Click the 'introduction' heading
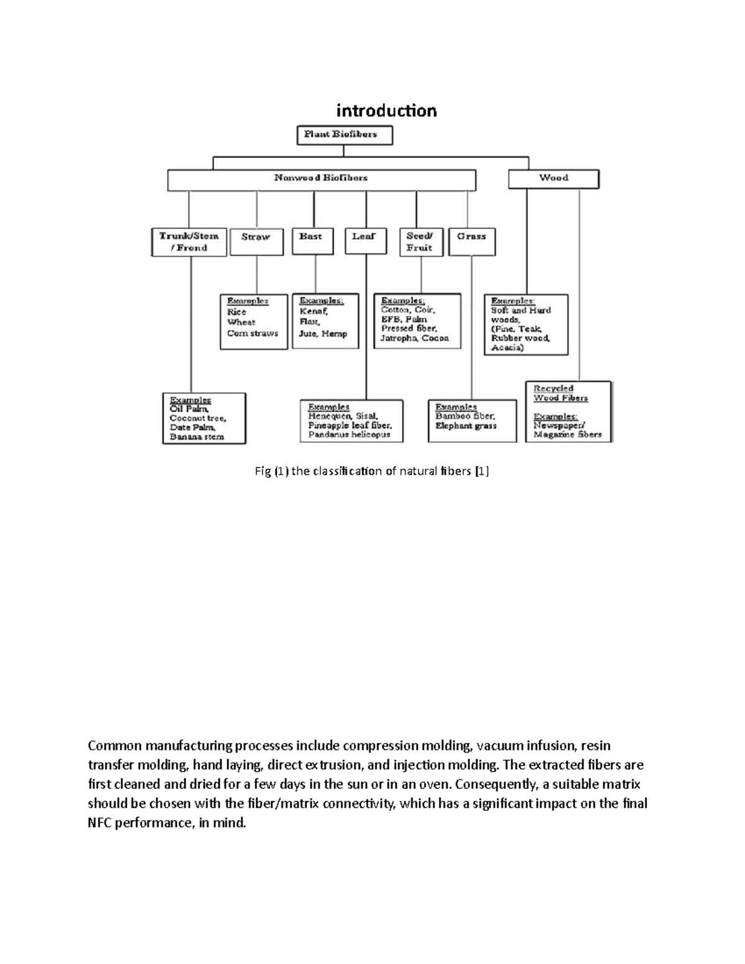point(386,110)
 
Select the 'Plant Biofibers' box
point(344,135)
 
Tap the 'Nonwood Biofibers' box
point(321,178)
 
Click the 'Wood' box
point(553,178)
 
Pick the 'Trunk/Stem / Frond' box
point(189,242)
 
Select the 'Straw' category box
point(256,241)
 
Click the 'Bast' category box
point(310,240)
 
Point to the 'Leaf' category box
point(364,240)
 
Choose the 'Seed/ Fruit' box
point(420,241)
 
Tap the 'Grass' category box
point(471,241)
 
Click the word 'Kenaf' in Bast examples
point(313,311)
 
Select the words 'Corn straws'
point(253,333)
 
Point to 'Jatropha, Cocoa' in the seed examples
point(414,338)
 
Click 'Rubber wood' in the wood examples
point(520,338)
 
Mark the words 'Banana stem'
point(197,436)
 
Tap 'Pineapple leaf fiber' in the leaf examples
point(350,425)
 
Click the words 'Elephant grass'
point(466,426)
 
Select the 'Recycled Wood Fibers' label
point(560,393)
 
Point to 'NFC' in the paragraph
point(102,823)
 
